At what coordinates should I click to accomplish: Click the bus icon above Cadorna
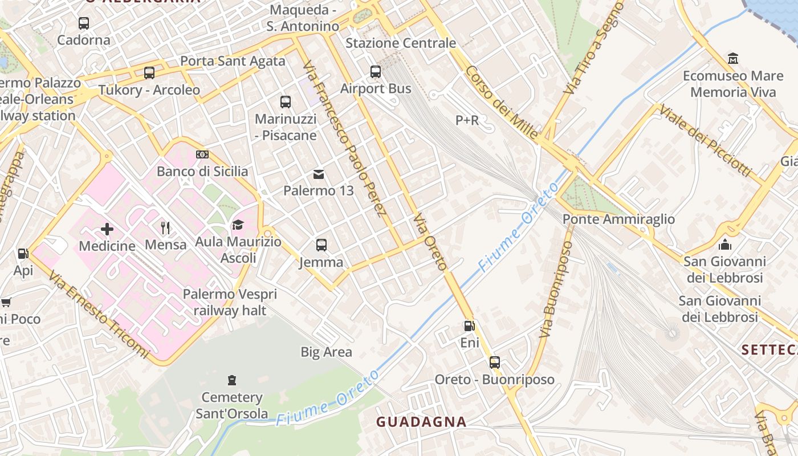tap(84, 23)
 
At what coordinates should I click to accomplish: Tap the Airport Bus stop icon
tap(376, 72)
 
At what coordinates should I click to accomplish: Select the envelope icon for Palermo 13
tap(319, 174)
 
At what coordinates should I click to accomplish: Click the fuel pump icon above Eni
tap(469, 326)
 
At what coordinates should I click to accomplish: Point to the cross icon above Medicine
tap(107, 229)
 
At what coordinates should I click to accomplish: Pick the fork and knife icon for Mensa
tap(165, 228)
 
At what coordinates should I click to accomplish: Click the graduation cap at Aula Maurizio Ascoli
tap(238, 225)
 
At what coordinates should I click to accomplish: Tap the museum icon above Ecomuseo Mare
tap(733, 59)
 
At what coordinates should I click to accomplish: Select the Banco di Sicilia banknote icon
tap(202, 154)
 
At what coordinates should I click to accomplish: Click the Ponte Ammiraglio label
tap(618, 219)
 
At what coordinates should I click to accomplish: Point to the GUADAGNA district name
tap(421, 422)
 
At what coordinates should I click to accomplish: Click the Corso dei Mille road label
tap(502, 103)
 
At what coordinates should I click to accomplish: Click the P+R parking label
tap(467, 120)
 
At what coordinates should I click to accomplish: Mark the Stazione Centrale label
tap(401, 43)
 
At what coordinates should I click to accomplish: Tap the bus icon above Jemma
tap(321, 245)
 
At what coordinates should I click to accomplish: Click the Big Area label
tap(326, 352)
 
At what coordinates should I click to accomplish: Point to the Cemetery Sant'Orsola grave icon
tap(231, 380)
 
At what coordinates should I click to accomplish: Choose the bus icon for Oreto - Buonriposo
tap(495, 363)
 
